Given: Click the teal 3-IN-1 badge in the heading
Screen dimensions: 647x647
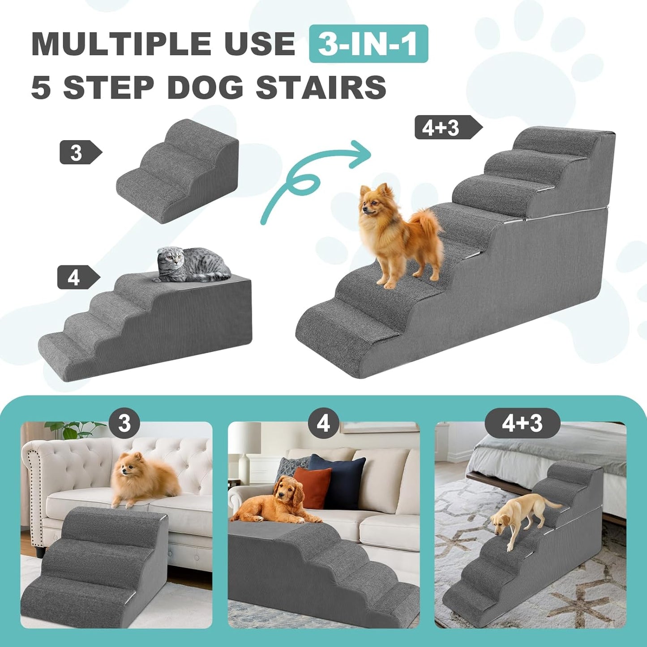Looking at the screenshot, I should click(x=368, y=44).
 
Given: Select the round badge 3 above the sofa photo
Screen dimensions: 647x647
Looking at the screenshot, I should click(x=124, y=423).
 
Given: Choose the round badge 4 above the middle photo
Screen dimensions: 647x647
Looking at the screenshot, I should click(x=323, y=423).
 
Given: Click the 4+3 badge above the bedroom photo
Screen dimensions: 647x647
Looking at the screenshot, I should click(x=522, y=423).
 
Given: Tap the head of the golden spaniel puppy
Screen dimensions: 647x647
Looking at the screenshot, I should click(x=287, y=493).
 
